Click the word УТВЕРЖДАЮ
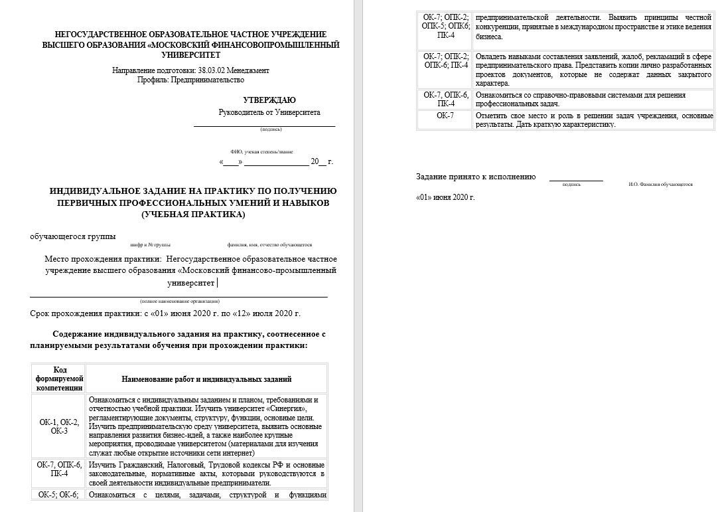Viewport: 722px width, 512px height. [x=269, y=100]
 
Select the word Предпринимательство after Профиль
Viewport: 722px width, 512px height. [x=208, y=80]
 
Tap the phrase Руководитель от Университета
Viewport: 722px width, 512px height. [x=269, y=113]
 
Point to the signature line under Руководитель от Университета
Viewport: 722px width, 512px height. [x=264, y=125]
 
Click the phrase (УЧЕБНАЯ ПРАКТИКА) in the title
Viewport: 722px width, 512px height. [x=193, y=214]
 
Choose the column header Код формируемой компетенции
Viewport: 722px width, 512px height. [x=59, y=378]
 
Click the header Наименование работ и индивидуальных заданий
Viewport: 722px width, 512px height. [x=206, y=379]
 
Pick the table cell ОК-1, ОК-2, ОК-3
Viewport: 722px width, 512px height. [x=59, y=426]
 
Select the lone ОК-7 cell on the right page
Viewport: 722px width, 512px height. [x=445, y=116]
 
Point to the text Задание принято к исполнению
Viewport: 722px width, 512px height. [x=475, y=177]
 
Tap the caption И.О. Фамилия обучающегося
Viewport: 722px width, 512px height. [x=660, y=185]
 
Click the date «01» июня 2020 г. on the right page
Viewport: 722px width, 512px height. [x=445, y=197]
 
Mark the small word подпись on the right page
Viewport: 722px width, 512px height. [x=571, y=185]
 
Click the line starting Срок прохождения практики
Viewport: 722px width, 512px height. [x=165, y=313]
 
